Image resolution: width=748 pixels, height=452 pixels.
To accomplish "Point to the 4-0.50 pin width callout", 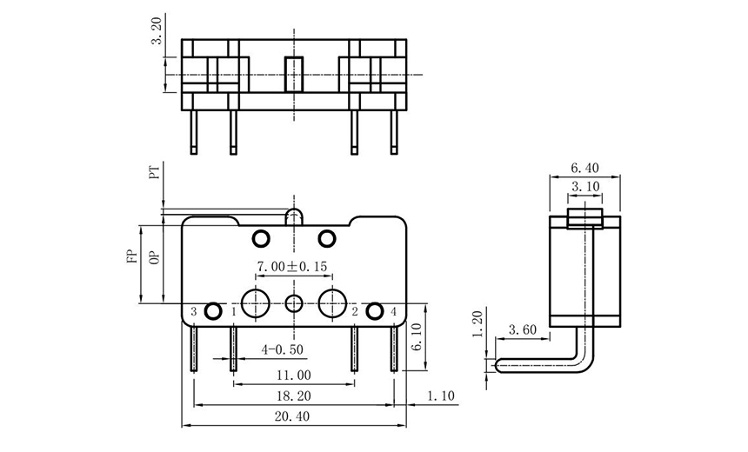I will [283, 349].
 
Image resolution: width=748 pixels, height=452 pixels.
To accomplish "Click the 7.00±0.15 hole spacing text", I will [291, 265].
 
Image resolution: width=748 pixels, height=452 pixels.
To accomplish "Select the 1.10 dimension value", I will [442, 395].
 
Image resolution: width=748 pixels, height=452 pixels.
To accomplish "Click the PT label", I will [155, 173].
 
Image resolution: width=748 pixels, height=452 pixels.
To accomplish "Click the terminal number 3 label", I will [193, 311].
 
